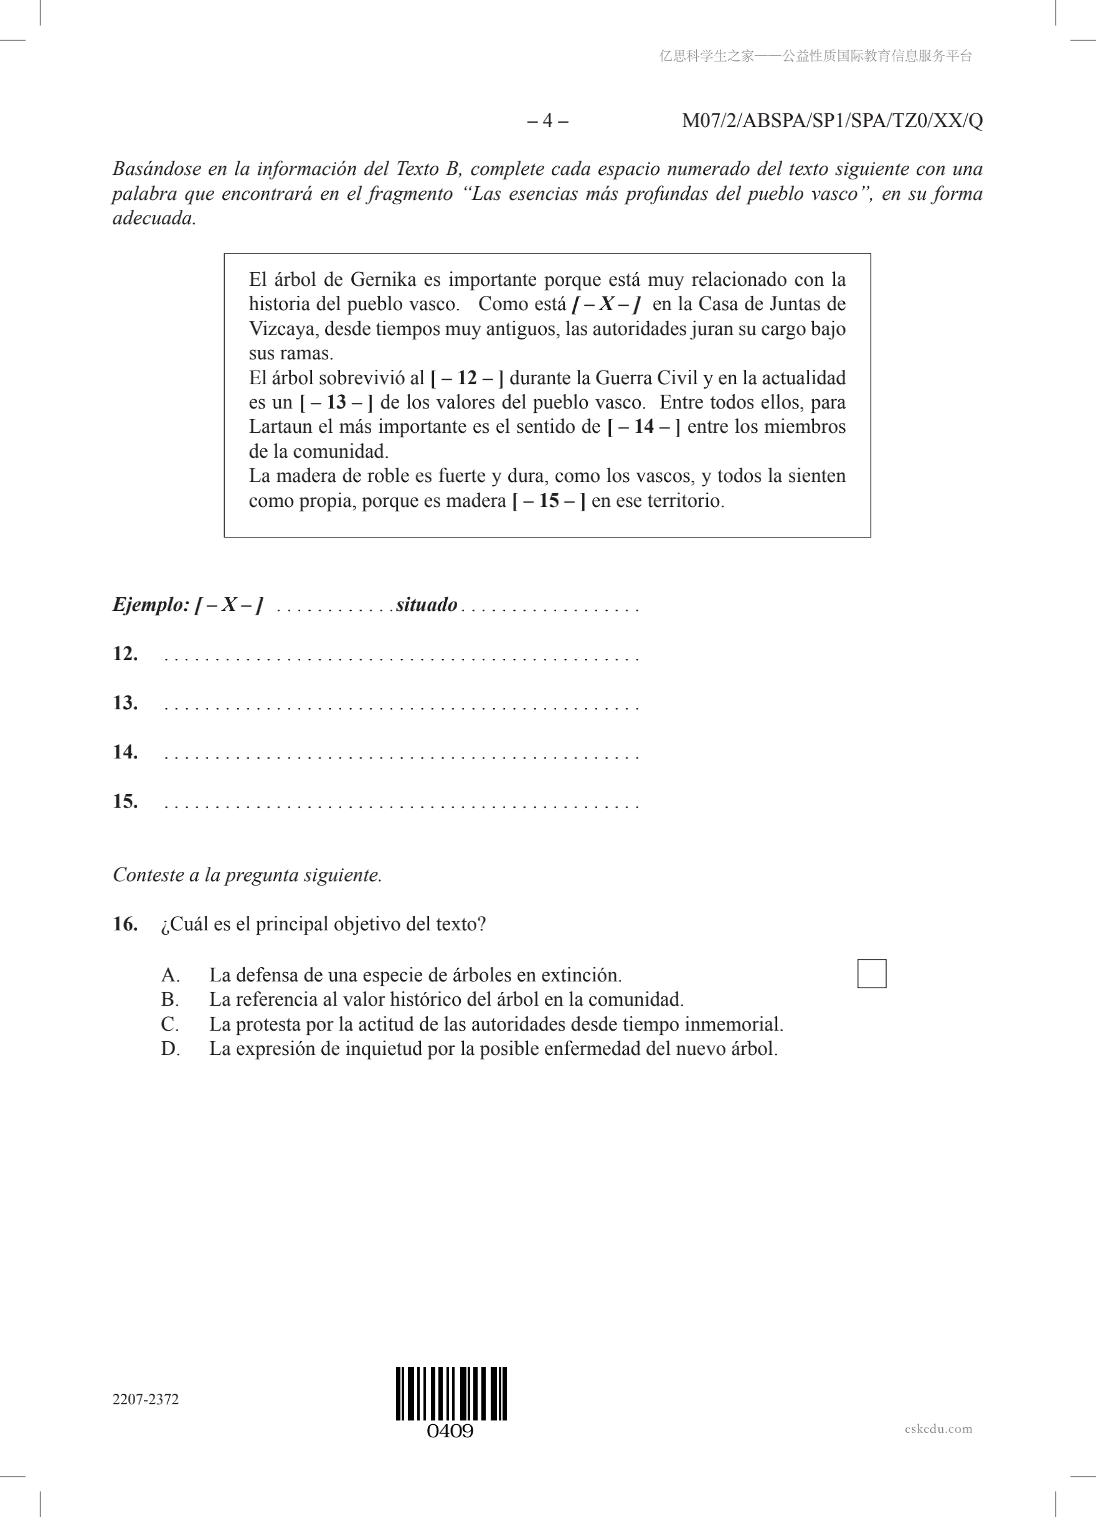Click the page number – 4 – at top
tap(547, 121)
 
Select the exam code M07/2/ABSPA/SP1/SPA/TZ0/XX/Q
tap(832, 121)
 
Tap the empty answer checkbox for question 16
tap(871, 973)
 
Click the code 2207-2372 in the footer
tap(146, 1400)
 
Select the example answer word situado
tap(427, 605)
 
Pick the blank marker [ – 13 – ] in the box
tap(336, 403)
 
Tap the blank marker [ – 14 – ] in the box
tap(643, 427)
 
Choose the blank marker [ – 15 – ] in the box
tap(549, 501)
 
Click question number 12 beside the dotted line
tap(125, 653)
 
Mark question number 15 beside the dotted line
tap(125, 801)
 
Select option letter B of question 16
tap(169, 1000)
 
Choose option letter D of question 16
tap(170, 1049)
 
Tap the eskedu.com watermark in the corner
tap(938, 1429)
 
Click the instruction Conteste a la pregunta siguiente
tap(247, 875)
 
